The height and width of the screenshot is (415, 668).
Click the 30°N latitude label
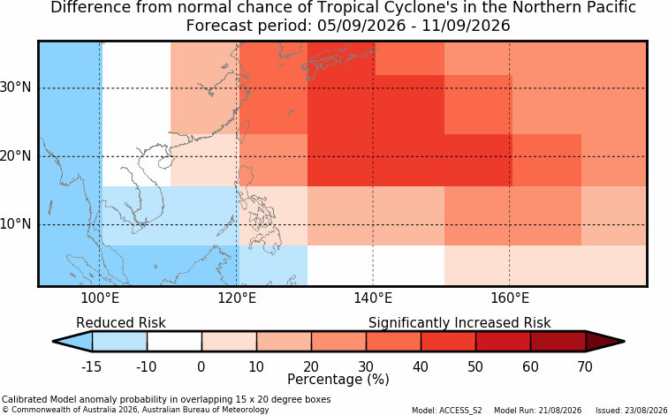16,87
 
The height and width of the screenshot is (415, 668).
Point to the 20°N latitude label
16,156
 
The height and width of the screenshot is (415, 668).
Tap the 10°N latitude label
16,224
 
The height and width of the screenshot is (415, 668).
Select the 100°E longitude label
100,298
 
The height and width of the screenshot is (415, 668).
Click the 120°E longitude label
237,298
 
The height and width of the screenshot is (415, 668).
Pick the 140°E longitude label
373,298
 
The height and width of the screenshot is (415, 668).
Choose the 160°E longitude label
510,298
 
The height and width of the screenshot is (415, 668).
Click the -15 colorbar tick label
91,366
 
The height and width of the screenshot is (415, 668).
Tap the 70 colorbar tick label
585,366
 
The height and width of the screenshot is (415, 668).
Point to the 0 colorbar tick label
201,366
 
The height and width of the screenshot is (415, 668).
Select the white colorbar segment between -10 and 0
174,342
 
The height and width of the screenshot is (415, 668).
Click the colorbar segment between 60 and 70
558,342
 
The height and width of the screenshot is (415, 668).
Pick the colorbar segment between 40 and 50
448,342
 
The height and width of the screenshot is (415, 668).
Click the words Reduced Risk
121,323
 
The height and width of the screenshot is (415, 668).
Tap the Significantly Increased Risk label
459,323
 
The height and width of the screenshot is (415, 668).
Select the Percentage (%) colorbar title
338,380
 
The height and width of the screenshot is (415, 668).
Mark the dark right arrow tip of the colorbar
624,342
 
